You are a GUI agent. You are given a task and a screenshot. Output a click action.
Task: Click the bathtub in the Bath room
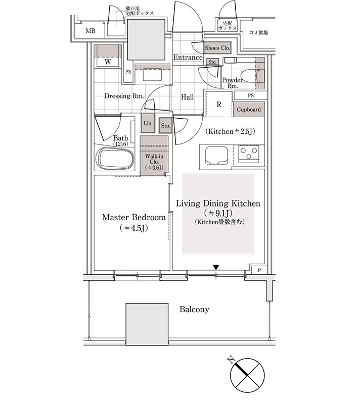coord(115,159)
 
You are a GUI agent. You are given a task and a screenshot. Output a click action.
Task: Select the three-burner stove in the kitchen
coord(248,154)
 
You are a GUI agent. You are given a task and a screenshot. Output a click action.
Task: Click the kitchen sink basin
coord(216,156)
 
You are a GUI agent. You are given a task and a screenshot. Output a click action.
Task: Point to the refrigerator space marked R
coord(219,105)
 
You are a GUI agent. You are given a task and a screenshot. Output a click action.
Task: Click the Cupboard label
coord(249,110)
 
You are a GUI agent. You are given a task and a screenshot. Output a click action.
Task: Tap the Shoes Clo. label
coord(217,48)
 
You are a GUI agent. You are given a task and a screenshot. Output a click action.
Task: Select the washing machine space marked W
coord(108,62)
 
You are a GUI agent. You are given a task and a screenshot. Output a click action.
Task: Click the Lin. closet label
coord(148,123)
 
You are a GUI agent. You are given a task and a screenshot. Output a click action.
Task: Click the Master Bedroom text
coord(134,217)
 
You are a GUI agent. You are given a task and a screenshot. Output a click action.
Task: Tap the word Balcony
coord(194,309)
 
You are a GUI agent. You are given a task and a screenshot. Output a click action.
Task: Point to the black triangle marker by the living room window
coord(216,268)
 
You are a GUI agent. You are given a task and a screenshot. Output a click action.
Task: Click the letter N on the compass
coord(231,360)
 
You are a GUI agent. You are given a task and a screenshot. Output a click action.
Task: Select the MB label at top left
coord(91,31)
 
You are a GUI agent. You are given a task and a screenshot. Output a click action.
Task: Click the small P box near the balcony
coord(259,270)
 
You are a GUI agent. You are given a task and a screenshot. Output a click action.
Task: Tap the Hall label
coord(187,97)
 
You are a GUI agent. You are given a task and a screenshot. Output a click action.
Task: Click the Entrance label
coord(188,58)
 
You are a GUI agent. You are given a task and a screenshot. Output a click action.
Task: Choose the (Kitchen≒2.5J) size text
coord(230,131)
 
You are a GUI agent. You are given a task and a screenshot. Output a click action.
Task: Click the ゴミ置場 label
coord(259,32)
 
